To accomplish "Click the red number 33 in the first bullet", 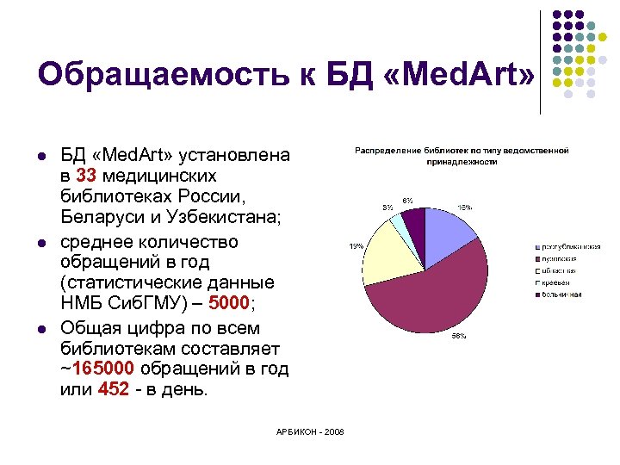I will click(x=86, y=176).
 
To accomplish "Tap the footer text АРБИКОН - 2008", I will click(x=310, y=431).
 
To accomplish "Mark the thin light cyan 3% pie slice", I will click(x=399, y=225).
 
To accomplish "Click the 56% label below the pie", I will click(x=459, y=336).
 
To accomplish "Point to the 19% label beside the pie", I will click(x=355, y=246).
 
